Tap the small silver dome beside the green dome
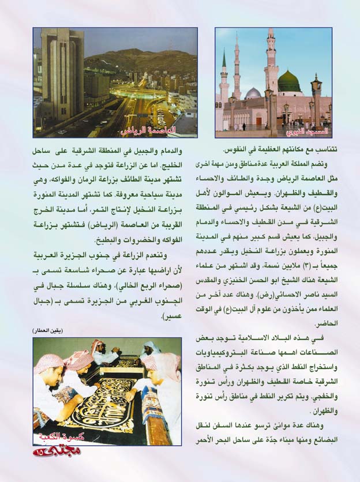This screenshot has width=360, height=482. [253, 93]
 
